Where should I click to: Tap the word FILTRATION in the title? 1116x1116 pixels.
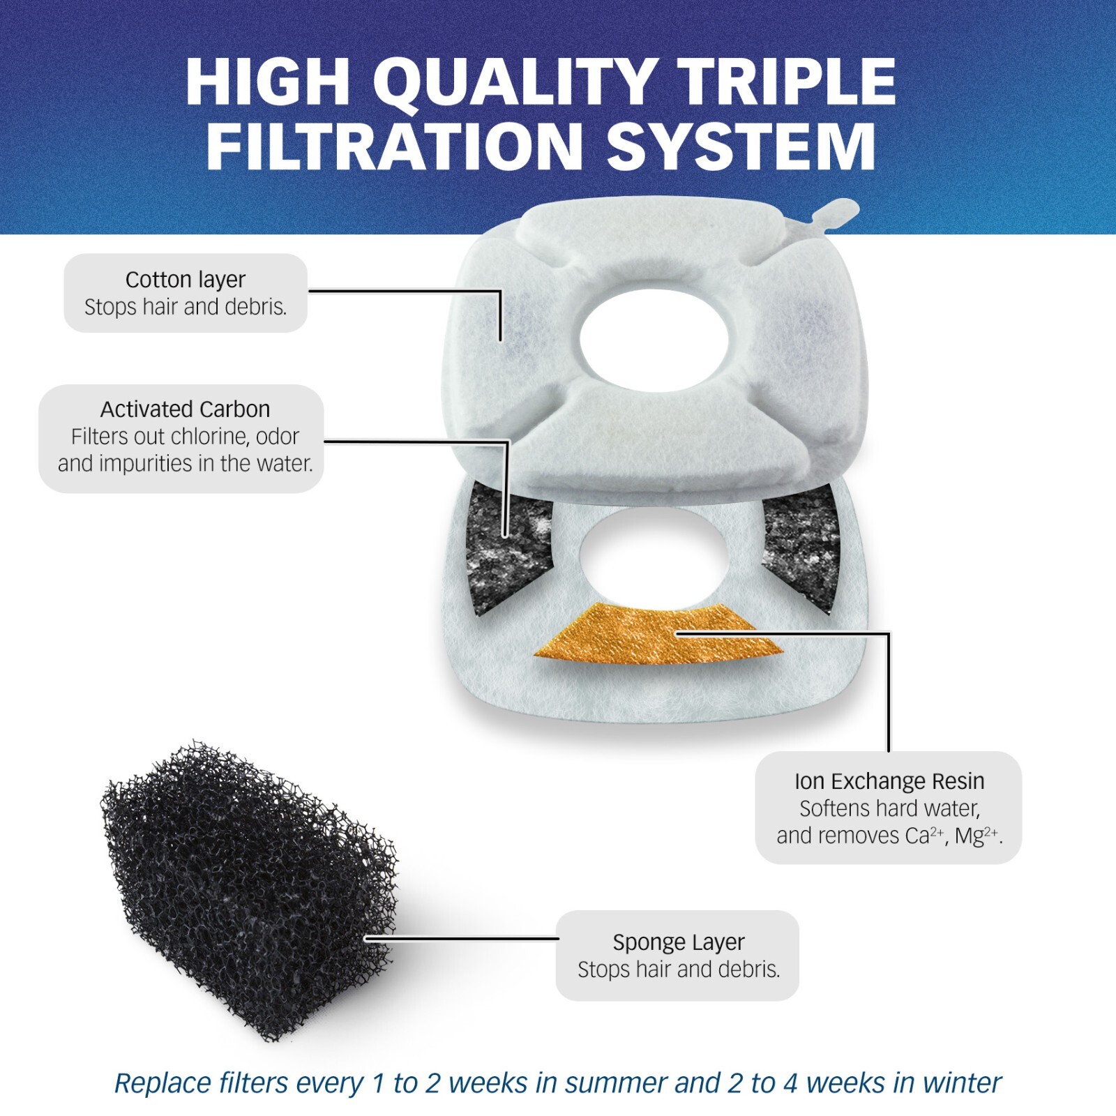pyautogui.click(x=394, y=147)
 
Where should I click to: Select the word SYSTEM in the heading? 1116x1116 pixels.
pyautogui.click(x=741, y=147)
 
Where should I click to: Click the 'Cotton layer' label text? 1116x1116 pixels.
pyautogui.click(x=186, y=280)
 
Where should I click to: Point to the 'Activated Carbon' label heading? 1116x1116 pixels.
pyautogui.click(x=185, y=409)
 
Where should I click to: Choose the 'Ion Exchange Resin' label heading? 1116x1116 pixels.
pyautogui.click(x=889, y=781)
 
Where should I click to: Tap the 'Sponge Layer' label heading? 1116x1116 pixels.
pyautogui.click(x=678, y=942)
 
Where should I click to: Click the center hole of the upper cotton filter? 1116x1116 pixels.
pyautogui.click(x=654, y=340)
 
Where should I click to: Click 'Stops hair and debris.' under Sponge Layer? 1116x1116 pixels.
pyautogui.click(x=678, y=970)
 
